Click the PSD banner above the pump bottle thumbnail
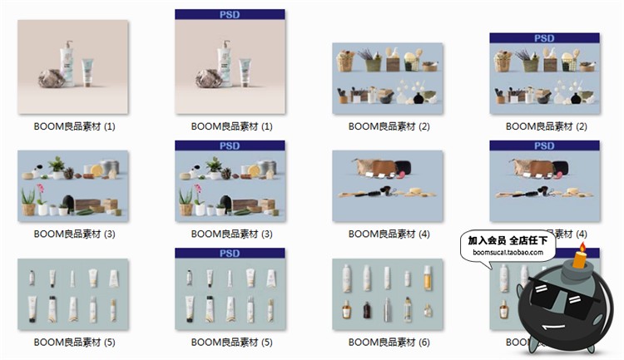(230, 14)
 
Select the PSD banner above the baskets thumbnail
(544, 37)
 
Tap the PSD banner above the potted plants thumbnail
(230, 145)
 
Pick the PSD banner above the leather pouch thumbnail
(544, 145)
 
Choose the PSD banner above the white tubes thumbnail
(230, 253)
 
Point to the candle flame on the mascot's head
(582, 248)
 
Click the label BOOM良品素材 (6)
(388, 342)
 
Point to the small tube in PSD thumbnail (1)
(244, 73)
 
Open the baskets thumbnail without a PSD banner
(388, 78)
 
